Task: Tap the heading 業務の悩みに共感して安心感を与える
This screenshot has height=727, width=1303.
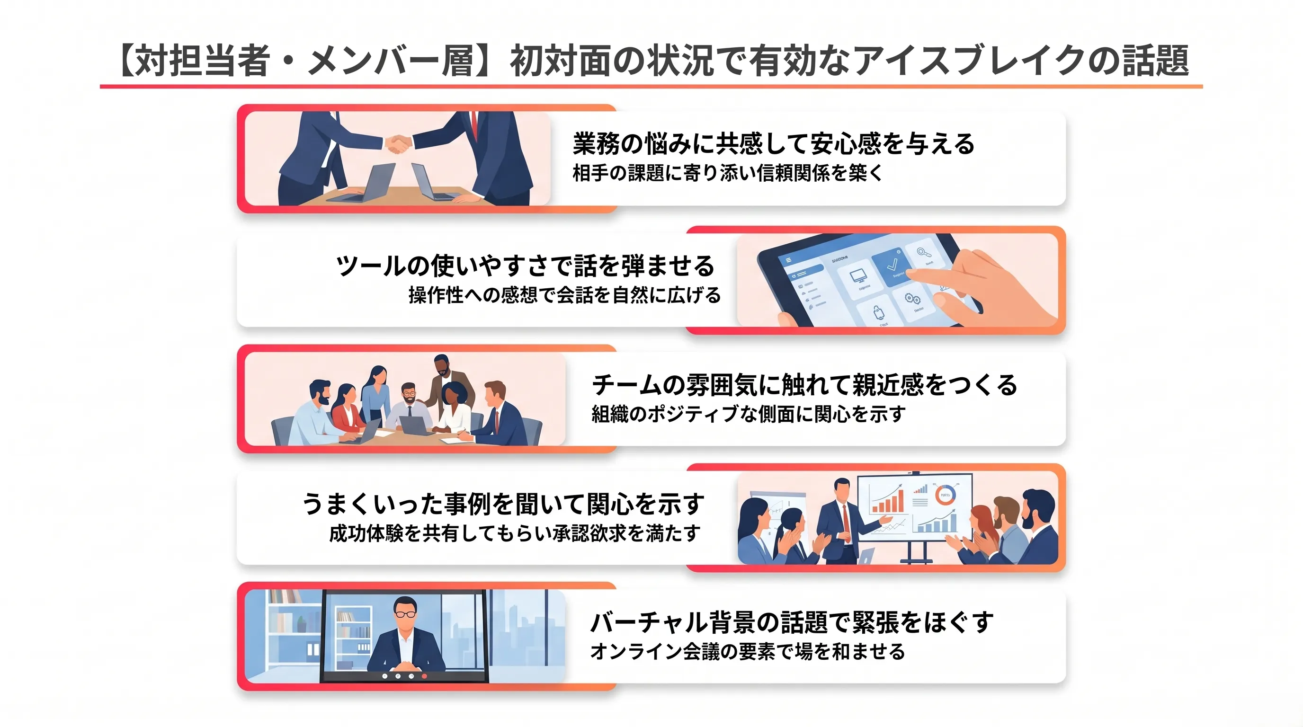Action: click(x=773, y=143)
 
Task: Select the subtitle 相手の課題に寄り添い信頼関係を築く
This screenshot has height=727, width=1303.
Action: click(x=727, y=173)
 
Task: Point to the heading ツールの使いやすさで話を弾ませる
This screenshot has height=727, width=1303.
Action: click(x=526, y=266)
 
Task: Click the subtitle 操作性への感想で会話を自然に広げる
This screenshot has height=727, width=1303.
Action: click(x=564, y=295)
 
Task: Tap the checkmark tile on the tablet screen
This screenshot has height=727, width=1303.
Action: click(x=894, y=266)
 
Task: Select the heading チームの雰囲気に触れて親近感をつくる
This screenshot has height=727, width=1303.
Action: click(x=804, y=385)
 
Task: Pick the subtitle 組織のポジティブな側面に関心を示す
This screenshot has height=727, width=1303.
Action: click(x=749, y=414)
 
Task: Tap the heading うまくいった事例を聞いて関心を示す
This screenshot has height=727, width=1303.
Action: click(x=503, y=504)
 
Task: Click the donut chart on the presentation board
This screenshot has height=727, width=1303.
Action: click(x=945, y=495)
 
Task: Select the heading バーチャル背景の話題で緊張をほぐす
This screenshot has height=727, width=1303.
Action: click(x=792, y=622)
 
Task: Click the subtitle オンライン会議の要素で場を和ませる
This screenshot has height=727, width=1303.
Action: click(x=748, y=651)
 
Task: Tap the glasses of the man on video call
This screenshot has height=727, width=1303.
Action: click(x=405, y=614)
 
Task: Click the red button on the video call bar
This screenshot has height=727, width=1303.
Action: click(x=424, y=676)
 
